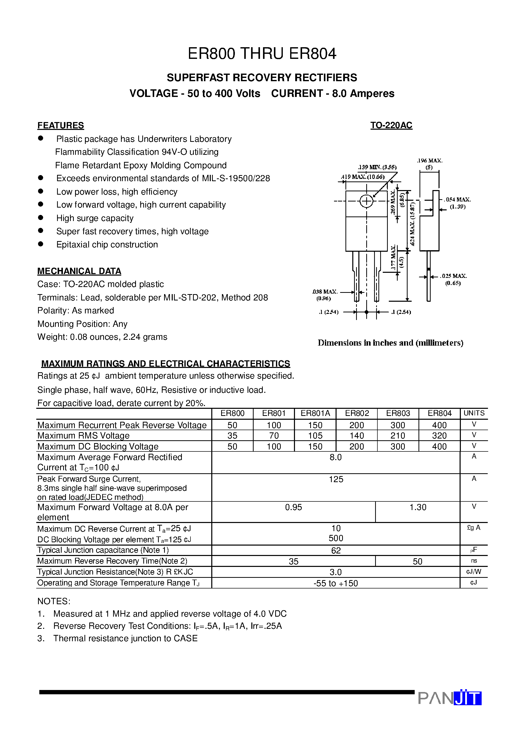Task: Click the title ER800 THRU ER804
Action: [x=262, y=54]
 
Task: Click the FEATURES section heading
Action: [x=60, y=125]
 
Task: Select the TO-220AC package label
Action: [x=391, y=125]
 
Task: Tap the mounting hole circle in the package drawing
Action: [x=366, y=201]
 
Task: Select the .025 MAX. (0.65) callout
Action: [x=453, y=279]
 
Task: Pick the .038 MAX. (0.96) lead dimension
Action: [x=325, y=295]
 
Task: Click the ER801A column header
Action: [x=315, y=413]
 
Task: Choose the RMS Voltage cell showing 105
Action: [x=315, y=436]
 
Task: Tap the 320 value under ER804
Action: [x=439, y=436]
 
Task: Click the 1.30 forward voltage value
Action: [x=418, y=507]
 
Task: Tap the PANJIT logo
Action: [x=449, y=698]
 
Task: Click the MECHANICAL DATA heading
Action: [x=79, y=271]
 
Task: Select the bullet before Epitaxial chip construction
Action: [x=41, y=244]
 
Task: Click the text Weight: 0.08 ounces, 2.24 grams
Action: [x=102, y=337]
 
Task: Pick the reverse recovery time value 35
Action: [x=293, y=561]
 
